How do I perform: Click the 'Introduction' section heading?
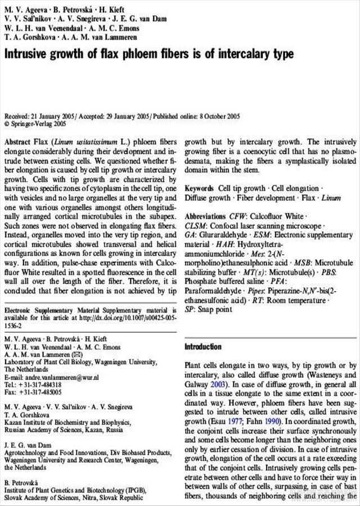pyautogui.click(x=203, y=347)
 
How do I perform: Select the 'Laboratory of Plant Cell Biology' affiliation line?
pyautogui.click(x=79, y=363)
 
